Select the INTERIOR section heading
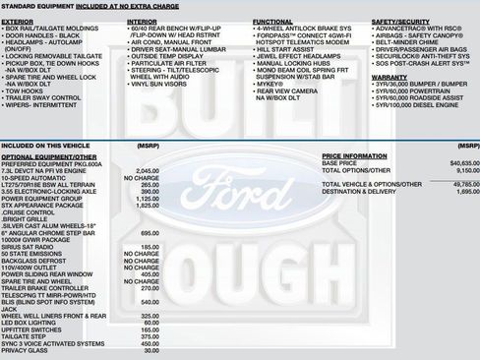(142, 20)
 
